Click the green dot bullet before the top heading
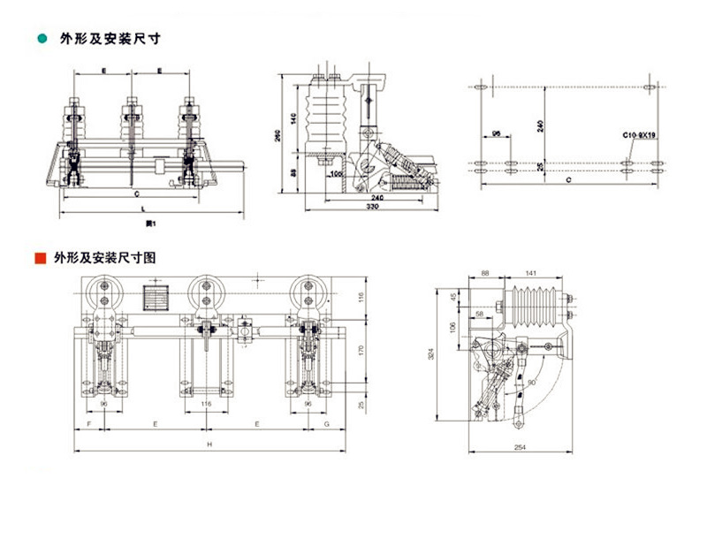40,39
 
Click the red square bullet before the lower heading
39,259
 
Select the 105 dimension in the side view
336,175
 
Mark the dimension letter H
209,443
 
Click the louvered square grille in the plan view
155,298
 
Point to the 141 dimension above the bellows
529,275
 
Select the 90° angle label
531,382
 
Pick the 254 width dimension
520,448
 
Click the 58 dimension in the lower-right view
479,315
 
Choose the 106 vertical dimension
452,327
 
